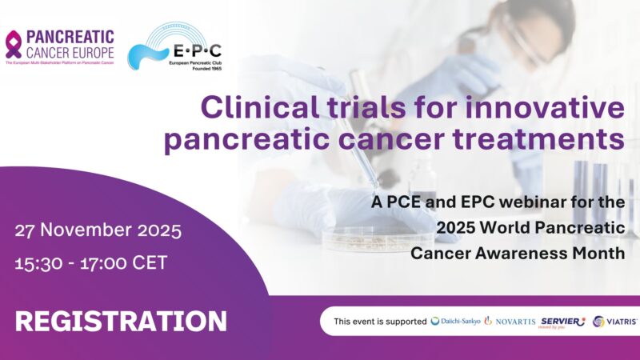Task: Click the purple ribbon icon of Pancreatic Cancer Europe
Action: click(14, 43)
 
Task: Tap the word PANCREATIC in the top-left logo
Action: click(70, 37)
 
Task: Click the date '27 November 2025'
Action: click(98, 232)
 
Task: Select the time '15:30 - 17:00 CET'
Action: click(91, 262)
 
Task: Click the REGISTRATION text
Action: click(121, 321)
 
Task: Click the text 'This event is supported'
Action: click(380, 322)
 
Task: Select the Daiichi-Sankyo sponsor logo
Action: click(456, 322)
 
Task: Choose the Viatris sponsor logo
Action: click(614, 322)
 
